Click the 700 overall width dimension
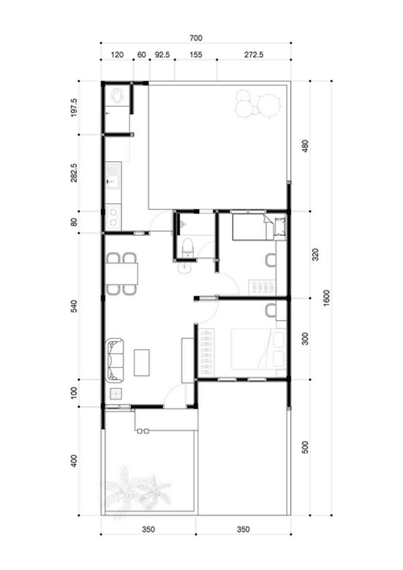(x=196, y=38)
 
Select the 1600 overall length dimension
(x=326, y=298)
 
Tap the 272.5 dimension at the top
(x=253, y=55)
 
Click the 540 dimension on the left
(x=74, y=306)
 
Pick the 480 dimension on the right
(x=305, y=146)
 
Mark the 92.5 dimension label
(x=162, y=55)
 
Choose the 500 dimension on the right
(x=305, y=447)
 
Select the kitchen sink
(x=113, y=176)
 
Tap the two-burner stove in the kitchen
(x=113, y=217)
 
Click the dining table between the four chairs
(x=122, y=274)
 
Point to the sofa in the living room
(x=115, y=360)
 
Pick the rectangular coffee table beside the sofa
(x=142, y=363)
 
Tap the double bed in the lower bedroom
(x=258, y=349)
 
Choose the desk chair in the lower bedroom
(x=271, y=310)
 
